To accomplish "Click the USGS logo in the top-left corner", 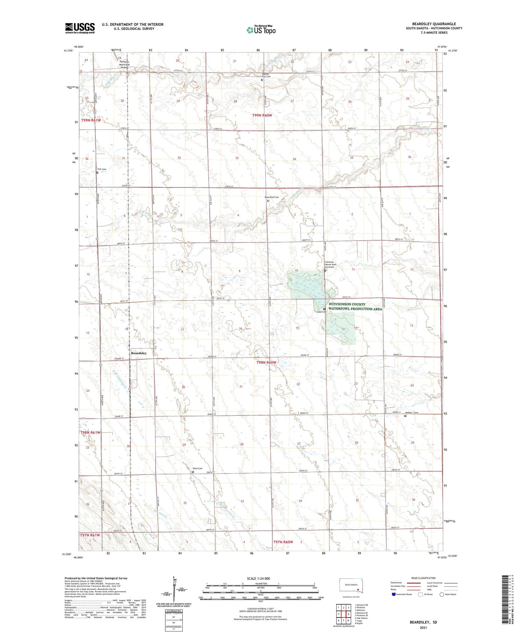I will (x=80, y=28).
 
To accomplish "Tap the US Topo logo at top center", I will (x=261, y=30).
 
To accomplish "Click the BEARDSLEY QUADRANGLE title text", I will (x=434, y=24).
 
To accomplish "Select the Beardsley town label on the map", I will (x=139, y=353).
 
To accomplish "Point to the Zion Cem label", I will (x=101, y=169).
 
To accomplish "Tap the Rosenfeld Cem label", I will (x=272, y=197).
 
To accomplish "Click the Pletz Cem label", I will (x=197, y=468).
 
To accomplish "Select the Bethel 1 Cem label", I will (x=412, y=413).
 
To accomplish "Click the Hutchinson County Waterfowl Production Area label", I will (x=355, y=306).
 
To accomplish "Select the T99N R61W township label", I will (x=91, y=120).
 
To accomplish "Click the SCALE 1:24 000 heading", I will (x=258, y=578).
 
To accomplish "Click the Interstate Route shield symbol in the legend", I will (x=394, y=594).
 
